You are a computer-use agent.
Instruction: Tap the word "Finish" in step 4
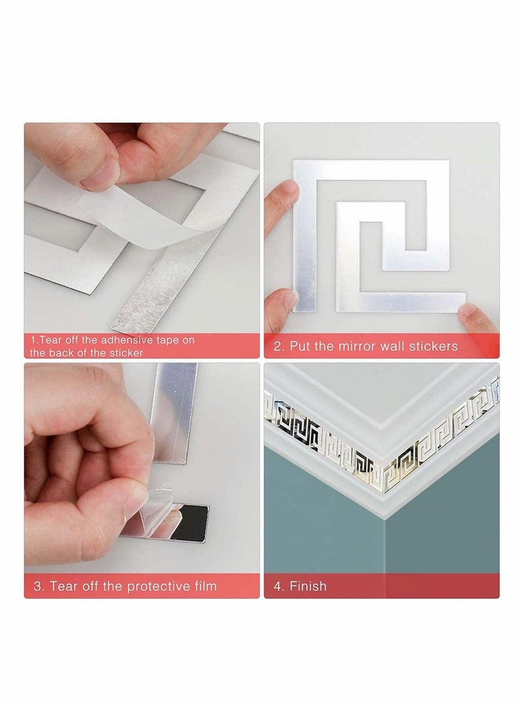(308, 586)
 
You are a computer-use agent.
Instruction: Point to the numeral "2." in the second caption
(279, 346)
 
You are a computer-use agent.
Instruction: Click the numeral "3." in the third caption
(39, 586)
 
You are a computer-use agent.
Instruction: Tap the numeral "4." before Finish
(279, 586)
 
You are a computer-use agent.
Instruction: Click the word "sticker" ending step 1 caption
(123, 353)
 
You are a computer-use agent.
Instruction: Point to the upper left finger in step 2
(282, 197)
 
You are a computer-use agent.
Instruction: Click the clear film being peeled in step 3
(152, 510)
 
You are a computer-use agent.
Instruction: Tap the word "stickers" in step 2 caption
(433, 346)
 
